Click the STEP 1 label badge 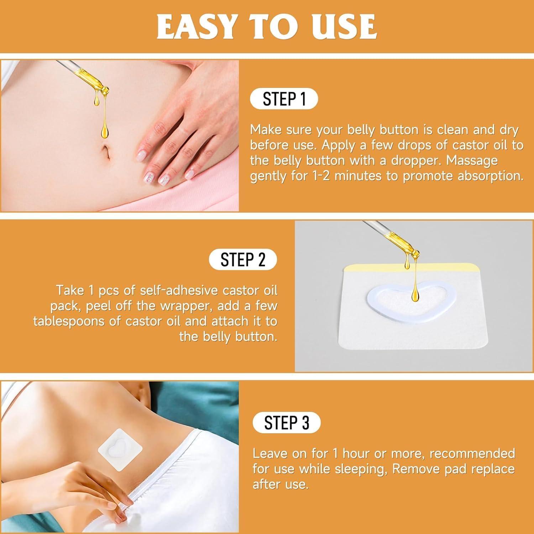click(x=284, y=99)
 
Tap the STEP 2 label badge click(x=243, y=260)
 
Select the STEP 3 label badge click(x=287, y=423)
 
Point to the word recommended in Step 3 click(x=472, y=454)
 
